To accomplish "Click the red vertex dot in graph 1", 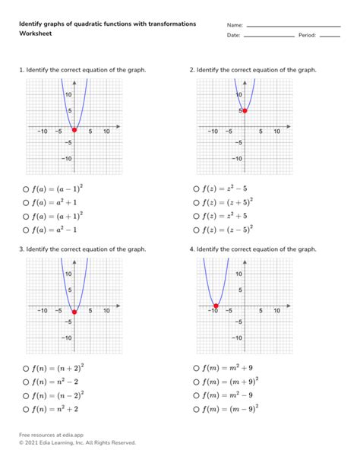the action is [x=74, y=130].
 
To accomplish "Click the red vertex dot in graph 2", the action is [x=245, y=111].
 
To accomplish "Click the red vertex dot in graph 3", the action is [x=74, y=311].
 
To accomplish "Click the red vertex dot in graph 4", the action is [x=216, y=309].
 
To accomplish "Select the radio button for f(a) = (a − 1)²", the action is [x=26, y=189].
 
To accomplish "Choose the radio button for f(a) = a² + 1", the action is [x=26, y=201].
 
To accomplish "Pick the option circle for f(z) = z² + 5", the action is [x=197, y=215].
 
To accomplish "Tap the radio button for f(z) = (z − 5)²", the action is [x=197, y=229].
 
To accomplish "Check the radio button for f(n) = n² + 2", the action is [x=26, y=409].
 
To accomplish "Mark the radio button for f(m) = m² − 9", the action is [x=197, y=395].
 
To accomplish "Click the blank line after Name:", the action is [x=293, y=27].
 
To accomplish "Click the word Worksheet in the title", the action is [x=35, y=35].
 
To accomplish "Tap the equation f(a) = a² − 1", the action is [x=55, y=229].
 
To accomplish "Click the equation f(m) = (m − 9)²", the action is [x=229, y=409].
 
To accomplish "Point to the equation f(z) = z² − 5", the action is [x=224, y=189].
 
